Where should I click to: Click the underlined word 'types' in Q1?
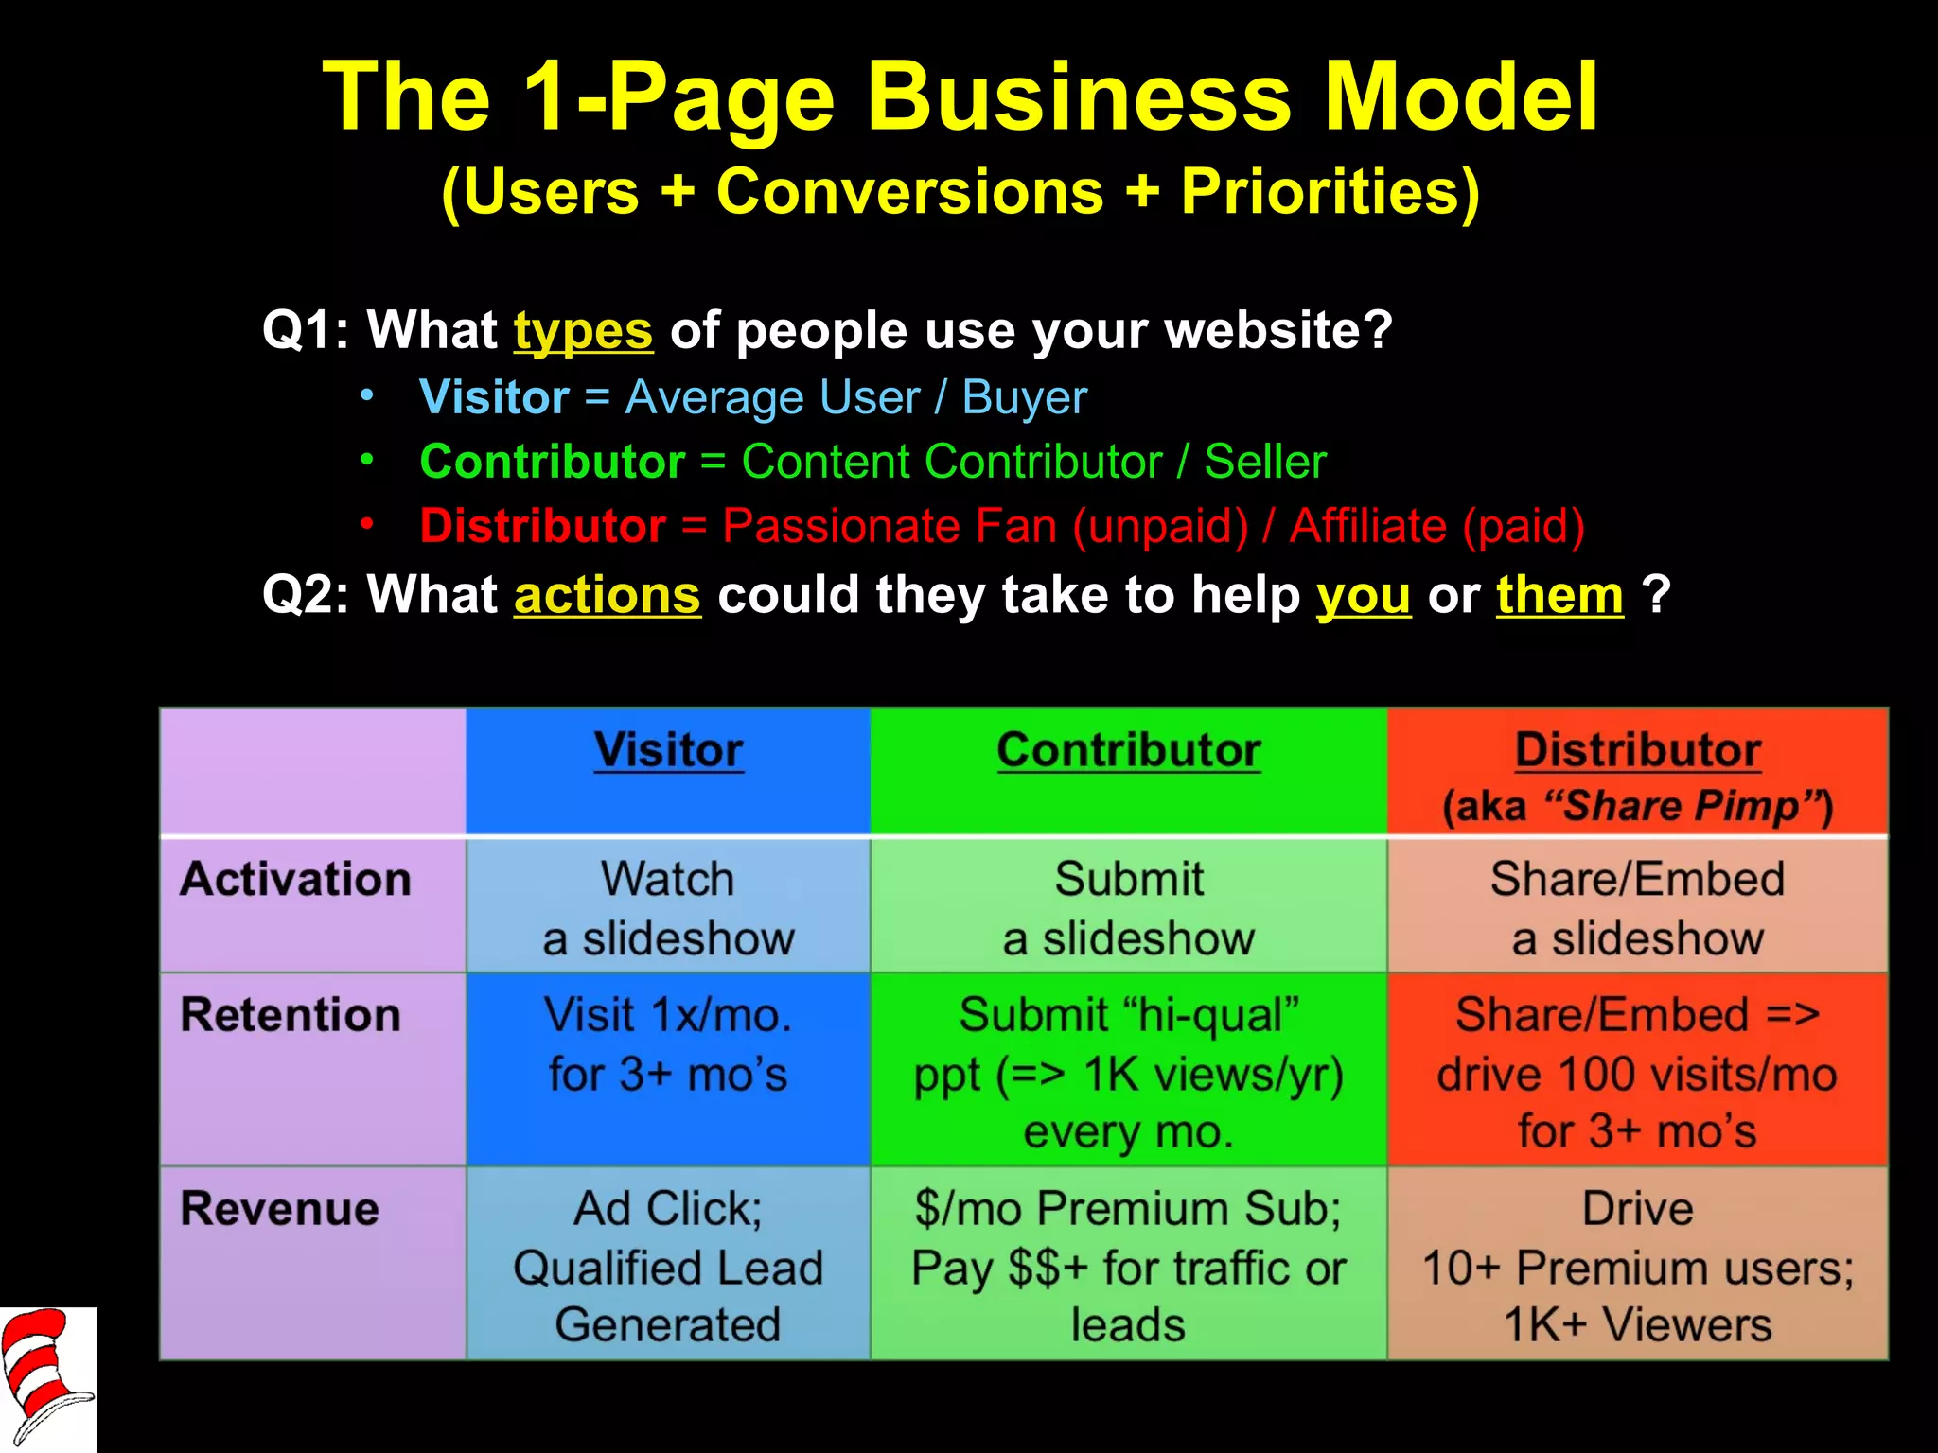(583, 331)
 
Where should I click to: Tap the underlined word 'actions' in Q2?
(607, 596)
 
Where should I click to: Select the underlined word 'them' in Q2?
(1559, 596)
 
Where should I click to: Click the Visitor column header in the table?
(668, 751)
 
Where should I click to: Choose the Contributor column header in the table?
(1128, 751)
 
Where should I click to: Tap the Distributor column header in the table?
(1637, 751)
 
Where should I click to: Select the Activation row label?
(295, 880)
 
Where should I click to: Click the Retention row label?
(291, 1015)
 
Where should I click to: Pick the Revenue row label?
(279, 1209)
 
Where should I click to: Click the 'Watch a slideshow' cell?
(668, 908)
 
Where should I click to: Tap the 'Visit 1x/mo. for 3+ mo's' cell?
(668, 1045)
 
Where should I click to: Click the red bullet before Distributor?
(367, 523)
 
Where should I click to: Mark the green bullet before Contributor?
(367, 460)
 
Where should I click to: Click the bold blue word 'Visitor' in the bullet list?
(494, 397)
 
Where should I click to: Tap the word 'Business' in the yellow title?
(1079, 96)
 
